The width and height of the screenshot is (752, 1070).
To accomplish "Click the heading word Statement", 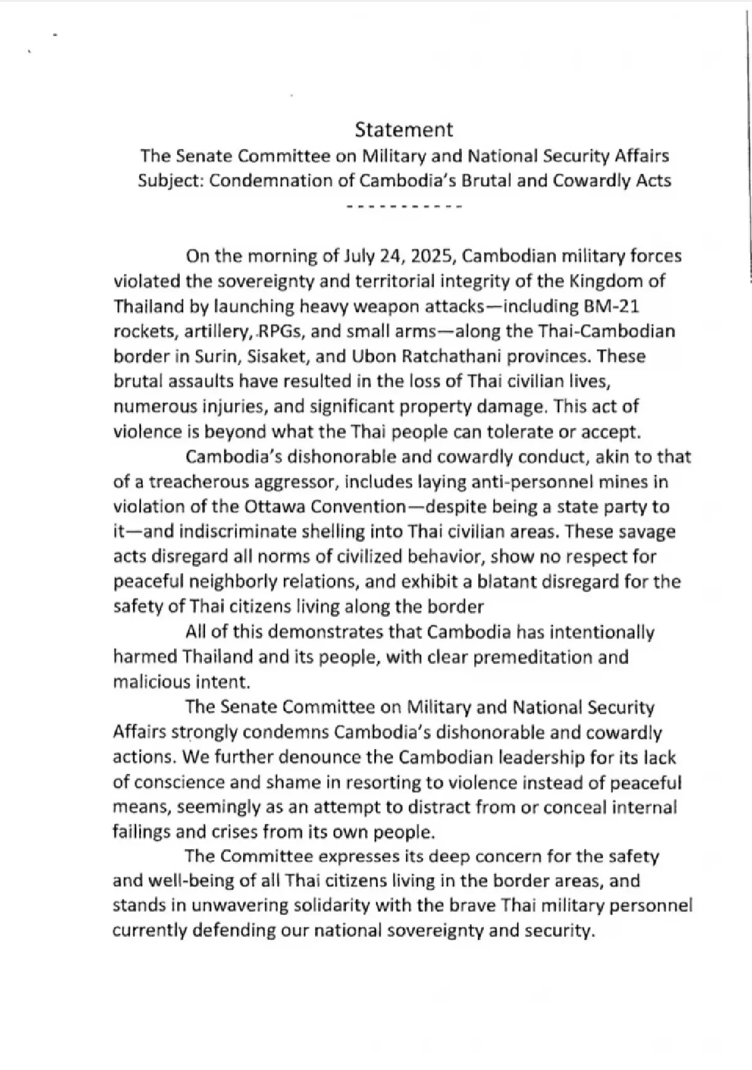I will pyautogui.click(x=404, y=130).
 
